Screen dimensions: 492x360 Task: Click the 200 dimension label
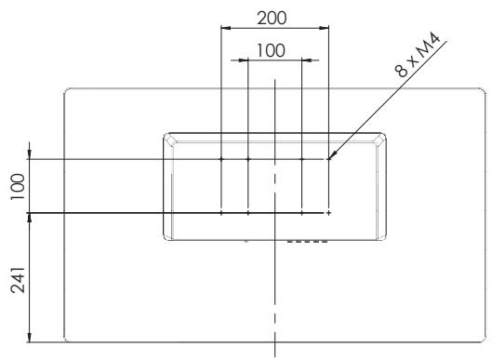(272, 18)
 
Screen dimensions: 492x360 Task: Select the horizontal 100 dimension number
(271, 50)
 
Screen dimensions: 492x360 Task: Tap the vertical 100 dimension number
(18, 186)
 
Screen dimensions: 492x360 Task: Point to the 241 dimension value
(18, 280)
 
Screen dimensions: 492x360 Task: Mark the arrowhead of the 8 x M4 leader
(332, 155)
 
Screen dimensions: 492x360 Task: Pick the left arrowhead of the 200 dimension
(226, 28)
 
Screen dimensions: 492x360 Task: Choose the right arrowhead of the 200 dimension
(325, 28)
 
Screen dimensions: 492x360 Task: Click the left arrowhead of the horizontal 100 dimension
(244, 60)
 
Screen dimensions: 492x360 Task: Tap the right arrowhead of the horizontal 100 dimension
(307, 60)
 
